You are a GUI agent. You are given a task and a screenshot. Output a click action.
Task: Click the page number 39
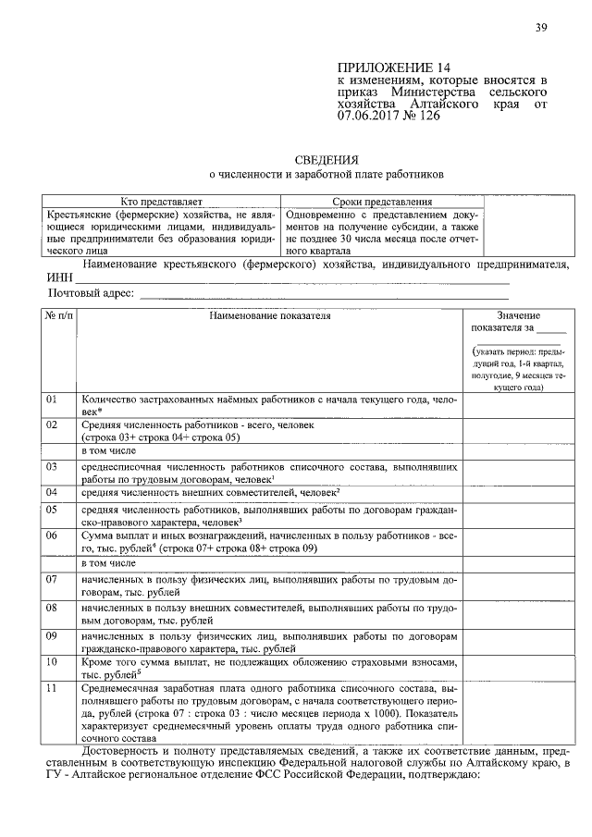click(x=541, y=27)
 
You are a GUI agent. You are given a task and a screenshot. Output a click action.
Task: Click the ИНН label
click(x=58, y=277)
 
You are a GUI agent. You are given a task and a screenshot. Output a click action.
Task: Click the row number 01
click(x=52, y=399)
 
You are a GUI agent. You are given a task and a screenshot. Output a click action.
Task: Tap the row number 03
click(x=52, y=467)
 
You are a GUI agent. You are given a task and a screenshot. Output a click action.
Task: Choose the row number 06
click(x=52, y=535)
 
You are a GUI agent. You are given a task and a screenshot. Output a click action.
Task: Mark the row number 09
click(x=52, y=636)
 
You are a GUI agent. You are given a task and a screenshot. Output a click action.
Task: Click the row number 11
click(x=52, y=688)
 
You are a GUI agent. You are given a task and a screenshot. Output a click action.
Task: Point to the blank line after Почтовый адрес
click(x=324, y=295)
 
